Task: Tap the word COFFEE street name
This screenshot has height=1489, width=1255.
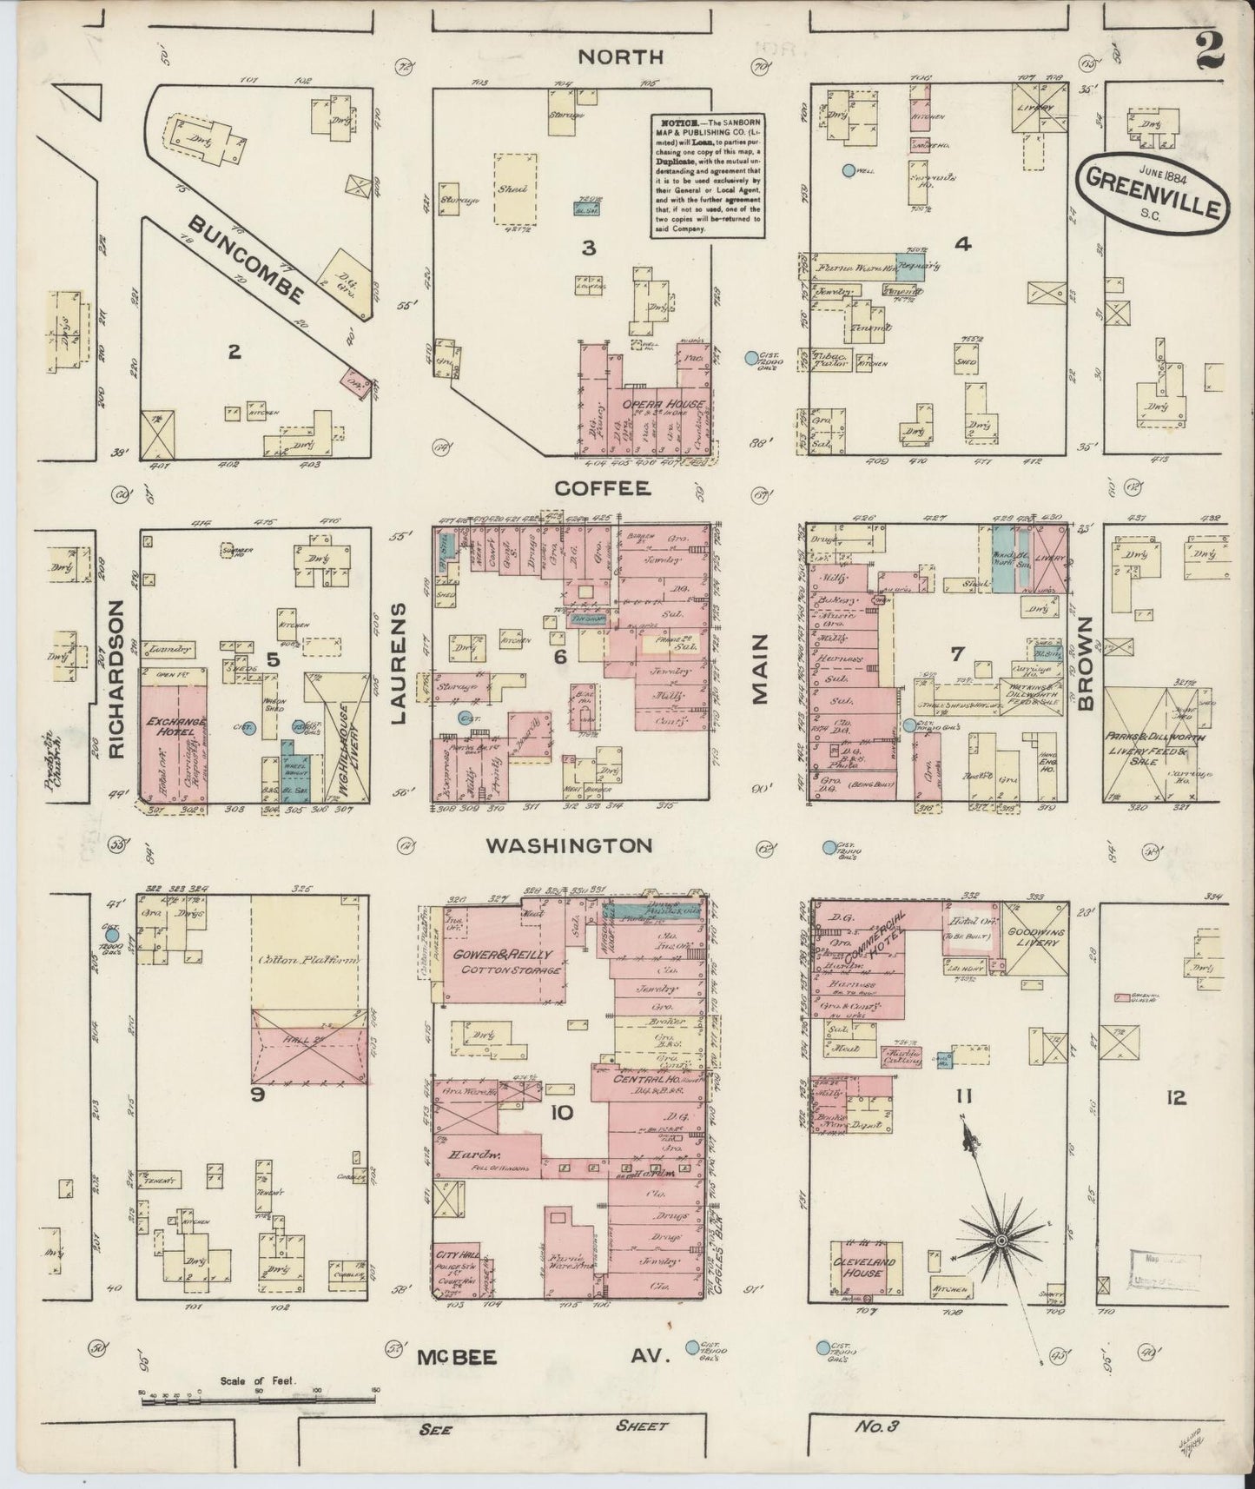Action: pos(602,488)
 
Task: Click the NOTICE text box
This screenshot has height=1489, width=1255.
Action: pos(708,175)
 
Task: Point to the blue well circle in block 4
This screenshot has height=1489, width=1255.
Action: pos(849,171)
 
